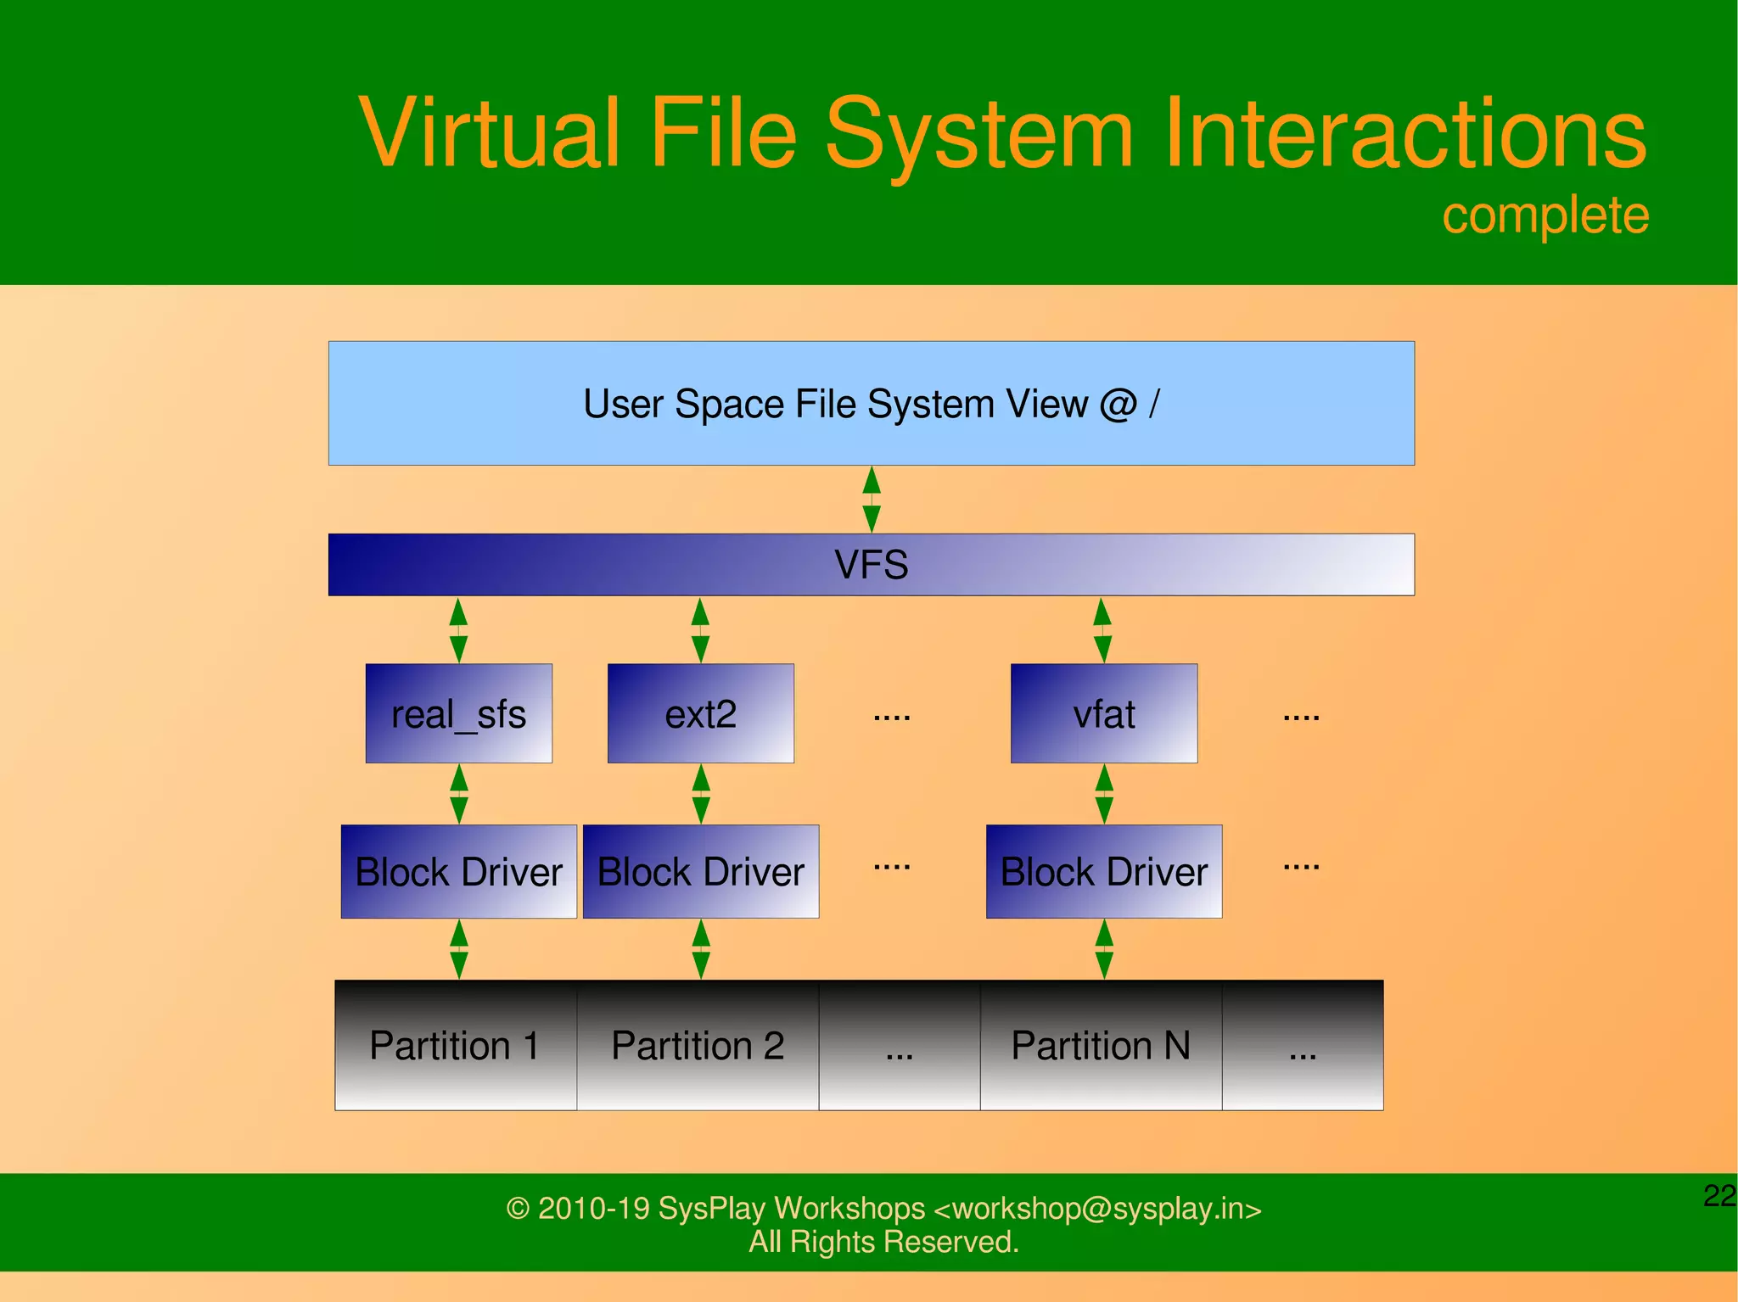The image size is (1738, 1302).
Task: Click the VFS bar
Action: [x=871, y=564]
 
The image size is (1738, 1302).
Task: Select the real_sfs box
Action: [x=458, y=713]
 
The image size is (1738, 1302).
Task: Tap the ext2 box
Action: [x=700, y=713]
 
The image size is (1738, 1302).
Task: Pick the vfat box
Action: [x=1103, y=713]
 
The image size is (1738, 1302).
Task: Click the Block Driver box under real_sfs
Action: [x=458, y=871]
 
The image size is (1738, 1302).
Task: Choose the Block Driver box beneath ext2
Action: [x=700, y=871]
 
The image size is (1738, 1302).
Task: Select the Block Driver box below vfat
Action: [x=1103, y=871]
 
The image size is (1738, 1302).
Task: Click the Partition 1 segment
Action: [x=456, y=1045]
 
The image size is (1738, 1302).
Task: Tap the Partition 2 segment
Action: [x=698, y=1045]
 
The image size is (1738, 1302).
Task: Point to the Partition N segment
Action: [x=1101, y=1045]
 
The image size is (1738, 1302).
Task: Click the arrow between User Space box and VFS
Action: [x=871, y=499]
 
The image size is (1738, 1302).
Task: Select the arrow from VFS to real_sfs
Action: [x=458, y=629]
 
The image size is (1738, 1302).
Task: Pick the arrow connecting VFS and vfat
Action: [x=1102, y=629]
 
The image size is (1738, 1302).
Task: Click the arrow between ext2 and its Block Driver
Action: [x=701, y=794]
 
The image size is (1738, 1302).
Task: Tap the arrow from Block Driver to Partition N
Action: [x=1104, y=949]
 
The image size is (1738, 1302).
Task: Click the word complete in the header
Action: [x=1545, y=215]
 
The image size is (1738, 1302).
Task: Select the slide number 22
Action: [x=1719, y=1196]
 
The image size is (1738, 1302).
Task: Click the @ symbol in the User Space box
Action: [x=1118, y=404]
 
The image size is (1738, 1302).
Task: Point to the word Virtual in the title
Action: [x=490, y=133]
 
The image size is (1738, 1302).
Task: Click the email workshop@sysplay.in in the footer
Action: [x=1097, y=1208]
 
